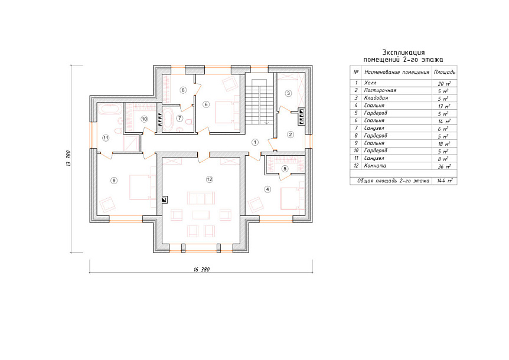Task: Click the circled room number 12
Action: coord(210,179)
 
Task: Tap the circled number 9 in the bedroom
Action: coord(113,181)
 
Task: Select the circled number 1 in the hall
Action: coord(255,142)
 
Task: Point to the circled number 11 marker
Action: coord(106,138)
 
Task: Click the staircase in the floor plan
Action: coord(259,101)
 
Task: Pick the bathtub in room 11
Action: coord(110,110)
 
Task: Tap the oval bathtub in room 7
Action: coord(168,119)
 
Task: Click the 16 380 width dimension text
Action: coord(201,270)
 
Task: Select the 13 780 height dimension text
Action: coord(68,158)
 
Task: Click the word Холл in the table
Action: coord(370,83)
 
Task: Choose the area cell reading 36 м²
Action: coord(444,166)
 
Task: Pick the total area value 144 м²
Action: coord(445,181)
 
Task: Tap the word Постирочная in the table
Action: coord(380,90)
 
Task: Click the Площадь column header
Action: coord(445,72)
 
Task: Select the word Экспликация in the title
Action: coord(403,53)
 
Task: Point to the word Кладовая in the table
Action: coord(376,98)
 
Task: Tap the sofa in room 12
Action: coord(201,198)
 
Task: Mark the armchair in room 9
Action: coord(107,205)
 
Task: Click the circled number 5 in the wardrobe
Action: coord(285,169)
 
